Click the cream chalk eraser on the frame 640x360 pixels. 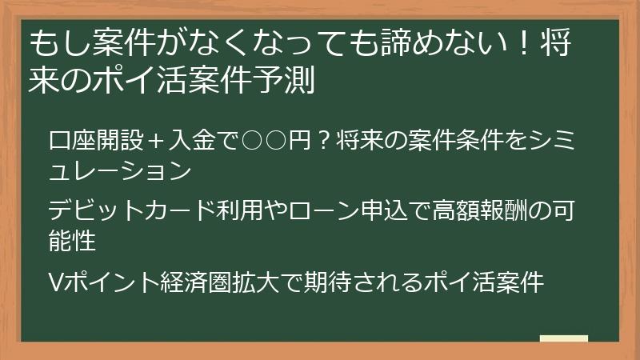point(563,338)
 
